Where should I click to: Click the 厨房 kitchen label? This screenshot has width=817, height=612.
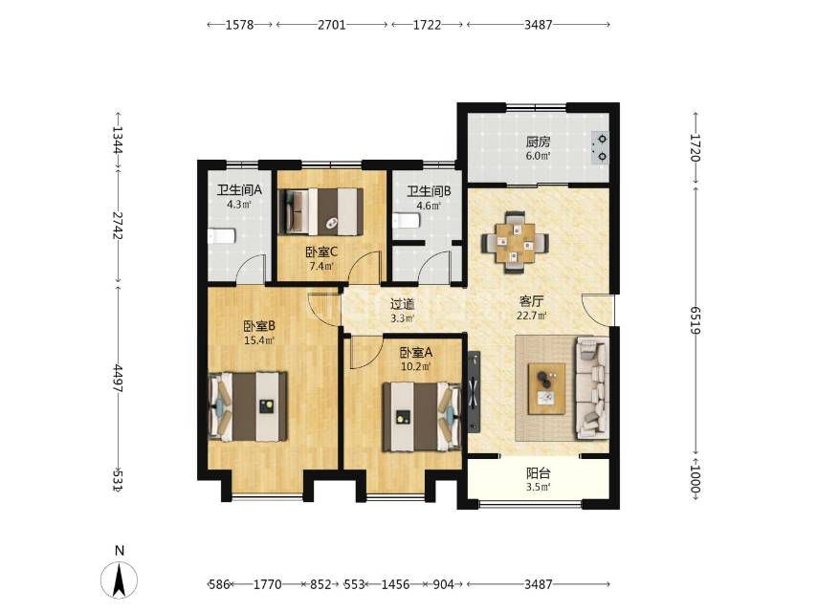(538, 142)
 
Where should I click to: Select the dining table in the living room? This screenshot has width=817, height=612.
(515, 242)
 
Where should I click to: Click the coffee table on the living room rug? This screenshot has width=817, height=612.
(546, 388)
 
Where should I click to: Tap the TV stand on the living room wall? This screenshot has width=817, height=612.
(474, 392)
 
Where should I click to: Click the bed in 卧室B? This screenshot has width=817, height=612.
(248, 406)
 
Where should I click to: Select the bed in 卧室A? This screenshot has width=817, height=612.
(422, 417)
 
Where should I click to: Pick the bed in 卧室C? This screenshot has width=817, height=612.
(321, 211)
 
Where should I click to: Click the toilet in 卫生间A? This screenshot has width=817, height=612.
(221, 237)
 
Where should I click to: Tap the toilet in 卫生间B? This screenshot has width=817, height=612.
(407, 221)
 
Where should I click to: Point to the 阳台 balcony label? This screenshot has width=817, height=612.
(539, 473)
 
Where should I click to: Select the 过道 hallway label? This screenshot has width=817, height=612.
(402, 304)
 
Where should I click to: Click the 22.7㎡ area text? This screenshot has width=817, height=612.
(532, 316)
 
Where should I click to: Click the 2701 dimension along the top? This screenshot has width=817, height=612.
(332, 25)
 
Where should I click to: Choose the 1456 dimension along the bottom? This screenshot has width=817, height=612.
(395, 584)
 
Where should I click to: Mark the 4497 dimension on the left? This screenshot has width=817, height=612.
(118, 379)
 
